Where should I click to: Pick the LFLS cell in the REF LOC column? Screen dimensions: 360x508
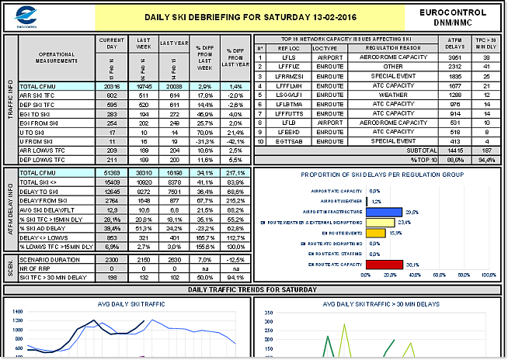(289, 57)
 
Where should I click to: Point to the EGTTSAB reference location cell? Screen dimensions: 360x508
(289, 141)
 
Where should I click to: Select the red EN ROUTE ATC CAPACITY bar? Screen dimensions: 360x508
(384, 264)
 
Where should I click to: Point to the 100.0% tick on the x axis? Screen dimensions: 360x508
(488, 275)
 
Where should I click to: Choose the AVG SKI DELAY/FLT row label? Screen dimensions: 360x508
(45, 209)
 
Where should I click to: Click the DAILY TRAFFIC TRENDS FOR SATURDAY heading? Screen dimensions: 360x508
(254, 289)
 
